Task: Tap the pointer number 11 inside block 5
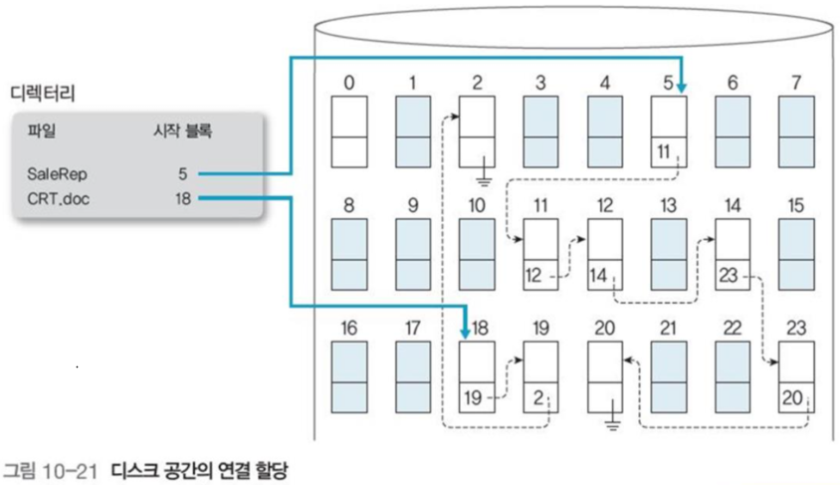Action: click(666, 153)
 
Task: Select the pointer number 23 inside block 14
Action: click(729, 275)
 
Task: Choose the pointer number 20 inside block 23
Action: click(792, 397)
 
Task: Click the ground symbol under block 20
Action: click(614, 424)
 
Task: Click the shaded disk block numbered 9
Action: click(413, 255)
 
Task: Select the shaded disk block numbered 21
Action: click(668, 378)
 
